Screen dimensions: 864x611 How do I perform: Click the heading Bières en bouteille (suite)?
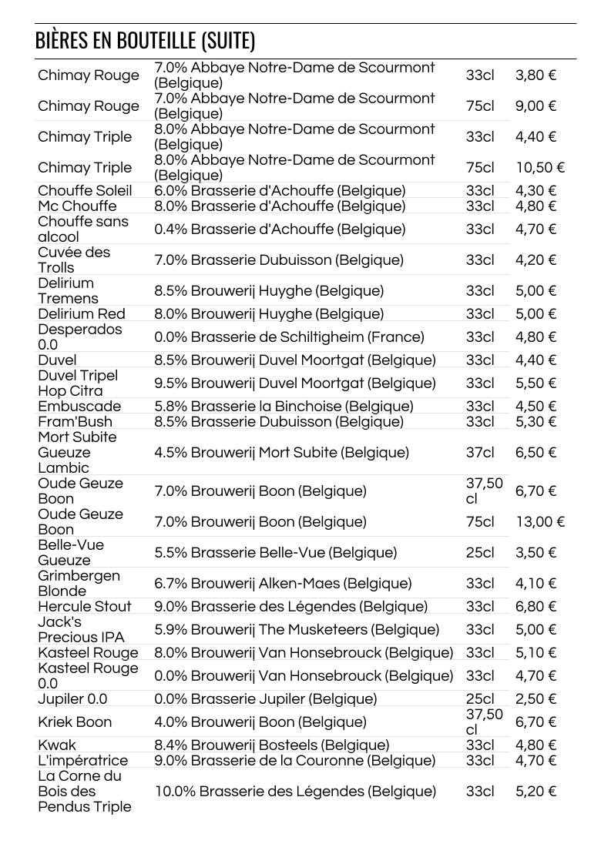click(x=145, y=41)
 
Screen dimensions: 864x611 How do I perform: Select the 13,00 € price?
click(x=540, y=521)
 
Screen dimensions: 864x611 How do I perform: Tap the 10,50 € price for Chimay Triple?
click(x=540, y=167)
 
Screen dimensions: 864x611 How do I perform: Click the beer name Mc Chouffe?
click(x=77, y=206)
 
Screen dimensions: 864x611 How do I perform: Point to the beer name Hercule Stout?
click(x=85, y=606)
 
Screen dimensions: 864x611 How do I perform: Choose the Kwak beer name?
click(x=57, y=745)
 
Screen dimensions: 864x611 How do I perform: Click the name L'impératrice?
click(x=83, y=760)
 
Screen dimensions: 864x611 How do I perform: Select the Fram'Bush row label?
click(x=75, y=421)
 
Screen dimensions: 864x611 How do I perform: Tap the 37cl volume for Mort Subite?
click(x=480, y=452)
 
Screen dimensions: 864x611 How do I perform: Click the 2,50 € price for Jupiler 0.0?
click(x=535, y=698)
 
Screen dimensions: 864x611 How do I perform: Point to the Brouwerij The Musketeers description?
click(x=297, y=629)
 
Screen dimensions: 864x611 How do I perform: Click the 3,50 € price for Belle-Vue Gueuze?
click(x=535, y=552)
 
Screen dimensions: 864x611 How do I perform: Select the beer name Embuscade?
click(x=79, y=406)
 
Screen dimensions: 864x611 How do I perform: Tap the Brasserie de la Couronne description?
click(x=294, y=760)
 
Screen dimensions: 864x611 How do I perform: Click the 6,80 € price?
click(x=535, y=606)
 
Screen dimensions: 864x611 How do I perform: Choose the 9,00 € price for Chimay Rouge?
click(x=535, y=105)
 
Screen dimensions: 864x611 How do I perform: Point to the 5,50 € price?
click(x=535, y=383)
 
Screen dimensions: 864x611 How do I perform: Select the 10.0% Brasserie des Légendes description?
click(x=295, y=791)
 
